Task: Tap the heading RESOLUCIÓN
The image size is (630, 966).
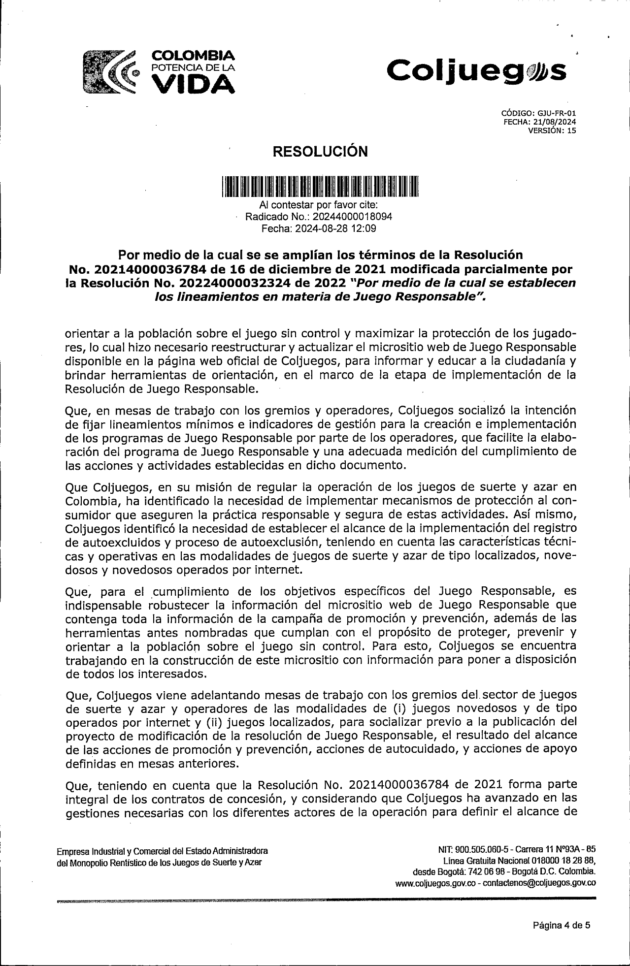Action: coord(320,151)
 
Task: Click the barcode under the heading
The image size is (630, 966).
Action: coord(320,187)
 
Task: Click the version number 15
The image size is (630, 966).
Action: coord(571,130)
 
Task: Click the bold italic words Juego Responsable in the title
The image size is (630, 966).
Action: coord(407,296)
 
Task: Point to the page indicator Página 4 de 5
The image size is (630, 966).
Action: coord(562,925)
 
